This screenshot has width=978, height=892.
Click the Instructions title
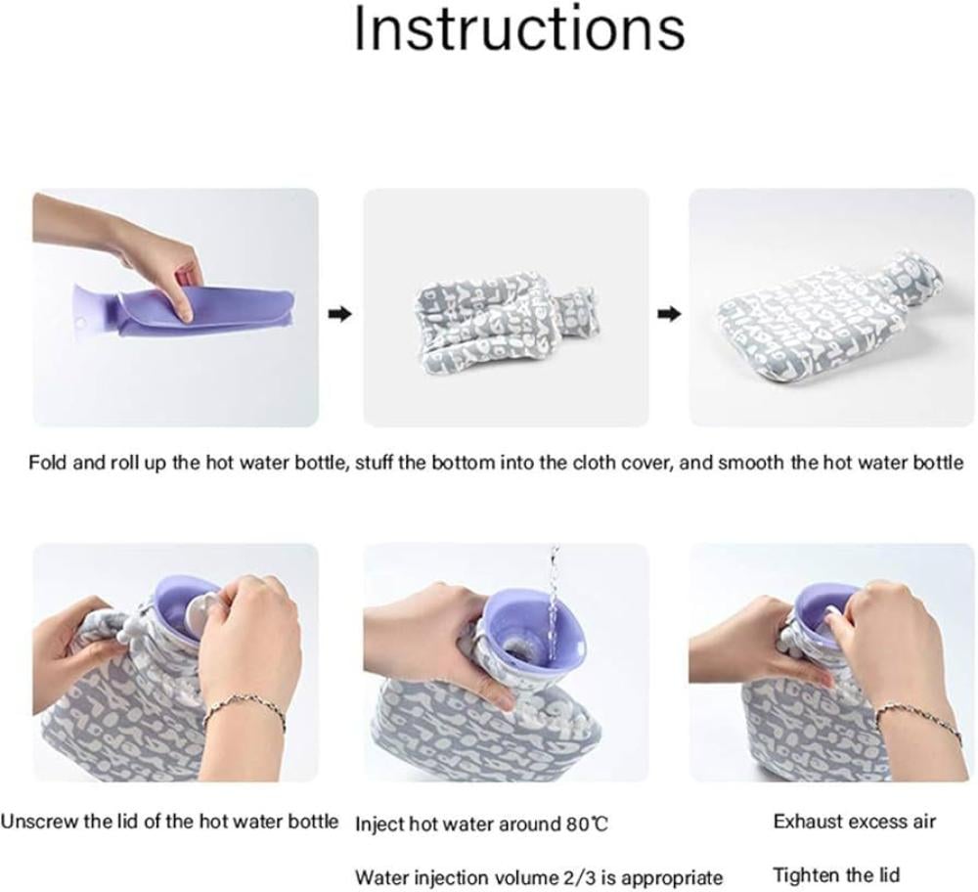click(x=519, y=28)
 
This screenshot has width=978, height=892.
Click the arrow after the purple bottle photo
click(x=340, y=314)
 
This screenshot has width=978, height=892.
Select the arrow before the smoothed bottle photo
click(x=669, y=314)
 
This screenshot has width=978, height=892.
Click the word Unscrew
click(x=39, y=821)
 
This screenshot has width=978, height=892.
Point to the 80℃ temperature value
click(x=587, y=825)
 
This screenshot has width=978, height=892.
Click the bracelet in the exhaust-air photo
click(x=917, y=717)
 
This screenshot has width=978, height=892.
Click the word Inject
click(x=379, y=825)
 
